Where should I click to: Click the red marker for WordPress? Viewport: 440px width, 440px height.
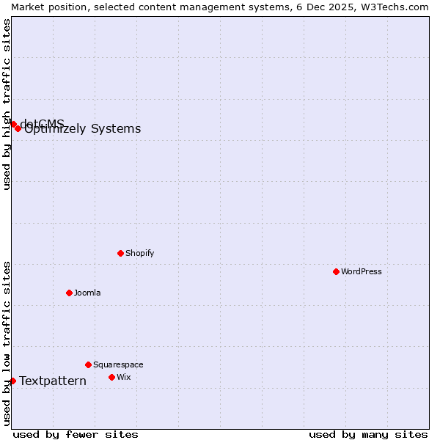[x=336, y=271]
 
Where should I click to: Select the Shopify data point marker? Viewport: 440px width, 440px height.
[x=120, y=253]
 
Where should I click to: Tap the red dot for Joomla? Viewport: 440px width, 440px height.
[x=69, y=293]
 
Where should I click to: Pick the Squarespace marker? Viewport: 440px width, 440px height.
[x=88, y=364]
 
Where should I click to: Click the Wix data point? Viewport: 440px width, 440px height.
[x=111, y=377]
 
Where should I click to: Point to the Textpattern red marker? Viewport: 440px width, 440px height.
[x=12, y=381]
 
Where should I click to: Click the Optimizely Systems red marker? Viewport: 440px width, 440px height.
[x=18, y=128]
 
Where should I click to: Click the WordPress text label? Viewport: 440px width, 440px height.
[x=362, y=271]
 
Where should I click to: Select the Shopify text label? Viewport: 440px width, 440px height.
[x=139, y=253]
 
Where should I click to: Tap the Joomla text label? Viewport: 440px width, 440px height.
[x=87, y=293]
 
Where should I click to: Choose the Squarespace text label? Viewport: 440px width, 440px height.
[x=118, y=364]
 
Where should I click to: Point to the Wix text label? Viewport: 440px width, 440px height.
[x=123, y=377]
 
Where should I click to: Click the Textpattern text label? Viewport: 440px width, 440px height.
[x=53, y=381]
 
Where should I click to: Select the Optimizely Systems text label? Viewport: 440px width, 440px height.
[x=82, y=129]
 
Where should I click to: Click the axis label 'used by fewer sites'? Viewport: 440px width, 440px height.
[x=76, y=434]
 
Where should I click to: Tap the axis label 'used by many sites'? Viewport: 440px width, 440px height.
[x=368, y=434]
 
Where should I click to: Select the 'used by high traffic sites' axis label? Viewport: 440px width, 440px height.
[x=7, y=104]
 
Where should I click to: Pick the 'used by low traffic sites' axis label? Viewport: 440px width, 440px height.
[x=7, y=343]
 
